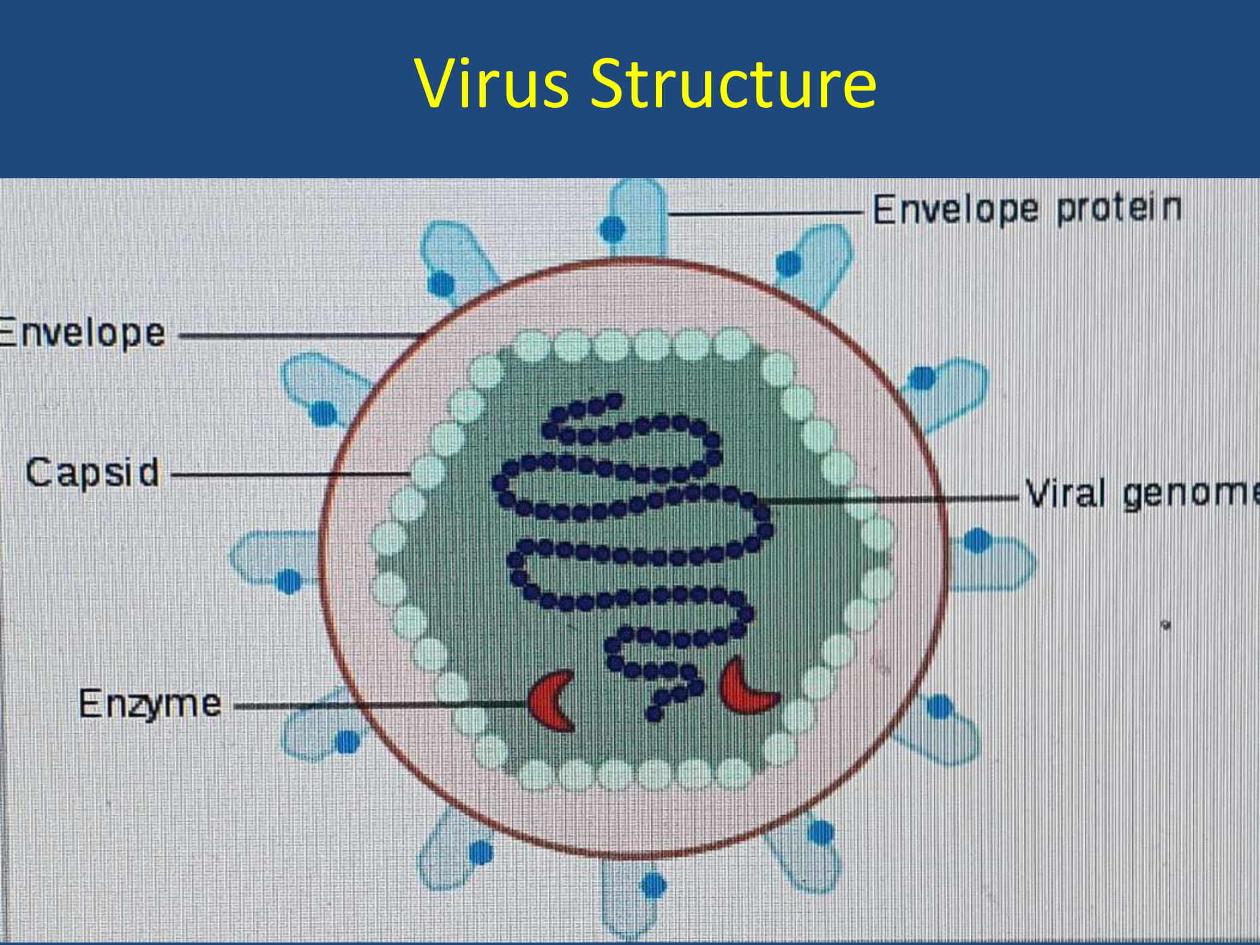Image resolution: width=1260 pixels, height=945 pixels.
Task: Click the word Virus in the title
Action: pos(492,83)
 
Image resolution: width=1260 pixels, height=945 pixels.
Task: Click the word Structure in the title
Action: pos(733,83)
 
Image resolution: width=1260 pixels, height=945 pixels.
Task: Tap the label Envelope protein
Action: pos(1027,210)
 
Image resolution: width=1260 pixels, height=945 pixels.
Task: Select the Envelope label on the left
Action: pos(82,333)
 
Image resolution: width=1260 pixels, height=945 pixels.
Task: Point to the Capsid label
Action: pos(93,473)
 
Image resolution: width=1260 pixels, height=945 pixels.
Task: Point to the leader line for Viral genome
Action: pos(888,499)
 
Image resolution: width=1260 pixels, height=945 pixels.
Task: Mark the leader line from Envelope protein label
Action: pos(765,214)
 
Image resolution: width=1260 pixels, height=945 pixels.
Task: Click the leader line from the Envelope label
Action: pos(302,336)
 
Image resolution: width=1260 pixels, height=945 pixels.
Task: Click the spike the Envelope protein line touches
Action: pos(635,218)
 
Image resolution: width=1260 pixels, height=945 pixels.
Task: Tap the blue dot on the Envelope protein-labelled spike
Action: pos(612,229)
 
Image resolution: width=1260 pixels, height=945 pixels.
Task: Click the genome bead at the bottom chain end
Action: pos(655,714)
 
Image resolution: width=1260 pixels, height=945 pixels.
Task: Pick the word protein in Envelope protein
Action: pos(1119,210)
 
